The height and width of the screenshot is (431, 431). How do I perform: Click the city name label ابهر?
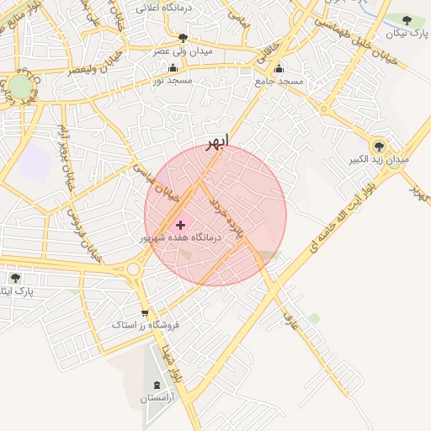[x=216, y=141]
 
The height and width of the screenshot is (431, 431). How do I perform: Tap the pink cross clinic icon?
[x=180, y=225]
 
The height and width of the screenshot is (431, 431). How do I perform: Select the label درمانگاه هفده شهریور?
[x=180, y=238]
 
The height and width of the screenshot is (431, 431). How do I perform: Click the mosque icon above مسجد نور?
[x=173, y=68]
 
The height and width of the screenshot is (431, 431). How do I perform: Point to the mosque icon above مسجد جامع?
[x=279, y=69]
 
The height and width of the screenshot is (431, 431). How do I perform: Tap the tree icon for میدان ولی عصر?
[x=184, y=38]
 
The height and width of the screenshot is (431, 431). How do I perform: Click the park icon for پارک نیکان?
[x=407, y=20]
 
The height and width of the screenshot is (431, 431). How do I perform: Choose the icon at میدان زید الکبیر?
[x=379, y=146]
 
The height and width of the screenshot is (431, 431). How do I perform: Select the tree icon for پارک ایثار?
[x=15, y=277]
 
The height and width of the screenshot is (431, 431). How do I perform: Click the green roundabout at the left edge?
[x=19, y=88]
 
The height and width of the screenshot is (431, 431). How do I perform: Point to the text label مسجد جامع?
[x=279, y=82]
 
